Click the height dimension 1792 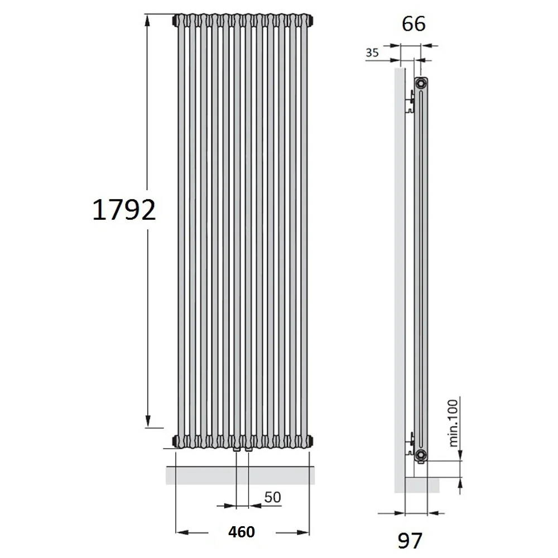click(x=124, y=210)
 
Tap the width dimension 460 click(x=242, y=532)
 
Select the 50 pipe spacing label click(x=273, y=497)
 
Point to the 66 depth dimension click(x=413, y=24)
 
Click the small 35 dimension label click(x=372, y=52)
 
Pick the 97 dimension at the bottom click(x=410, y=541)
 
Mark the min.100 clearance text click(x=453, y=423)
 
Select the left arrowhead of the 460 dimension click(x=182, y=532)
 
